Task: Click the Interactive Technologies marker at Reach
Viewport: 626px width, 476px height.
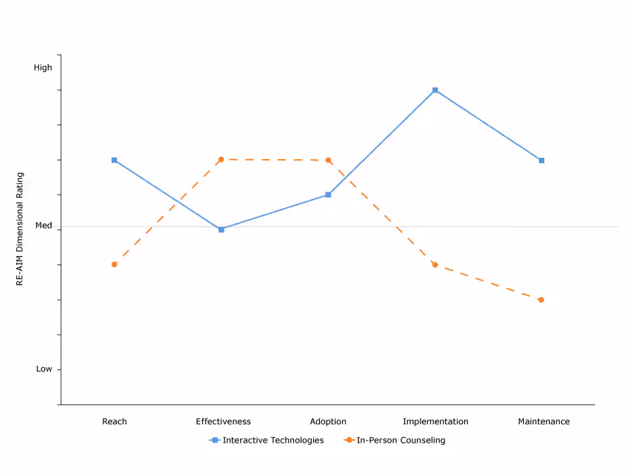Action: pyautogui.click(x=114, y=160)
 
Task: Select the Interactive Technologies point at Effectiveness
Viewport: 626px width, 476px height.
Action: pyautogui.click(x=221, y=230)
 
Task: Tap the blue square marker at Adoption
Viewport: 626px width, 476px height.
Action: pyautogui.click(x=328, y=194)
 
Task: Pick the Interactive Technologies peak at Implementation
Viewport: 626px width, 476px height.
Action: pyautogui.click(x=435, y=90)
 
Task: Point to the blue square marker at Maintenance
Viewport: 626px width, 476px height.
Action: pyautogui.click(x=542, y=160)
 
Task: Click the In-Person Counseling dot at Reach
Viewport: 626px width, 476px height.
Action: pyautogui.click(x=114, y=264)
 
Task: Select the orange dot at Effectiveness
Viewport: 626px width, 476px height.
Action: pyautogui.click(x=221, y=159)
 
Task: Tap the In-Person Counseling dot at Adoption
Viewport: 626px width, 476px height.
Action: pyautogui.click(x=328, y=160)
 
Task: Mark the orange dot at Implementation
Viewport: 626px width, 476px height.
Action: pyautogui.click(x=435, y=265)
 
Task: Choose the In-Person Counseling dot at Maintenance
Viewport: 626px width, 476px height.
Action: pyautogui.click(x=542, y=300)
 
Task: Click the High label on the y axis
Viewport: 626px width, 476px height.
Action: pyautogui.click(x=43, y=67)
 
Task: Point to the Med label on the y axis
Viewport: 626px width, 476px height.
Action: pyautogui.click(x=44, y=225)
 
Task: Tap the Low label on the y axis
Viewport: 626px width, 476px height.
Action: pyautogui.click(x=44, y=369)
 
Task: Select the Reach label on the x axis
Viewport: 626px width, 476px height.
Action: pyautogui.click(x=114, y=422)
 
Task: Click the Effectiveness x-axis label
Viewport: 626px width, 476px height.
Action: pyautogui.click(x=223, y=422)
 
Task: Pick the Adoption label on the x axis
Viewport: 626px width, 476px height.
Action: pyautogui.click(x=328, y=422)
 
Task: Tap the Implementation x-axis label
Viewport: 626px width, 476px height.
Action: pyautogui.click(x=435, y=422)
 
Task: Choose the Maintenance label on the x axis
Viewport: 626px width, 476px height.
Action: pyautogui.click(x=544, y=422)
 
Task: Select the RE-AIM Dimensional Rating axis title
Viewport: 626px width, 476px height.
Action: pyautogui.click(x=20, y=228)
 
